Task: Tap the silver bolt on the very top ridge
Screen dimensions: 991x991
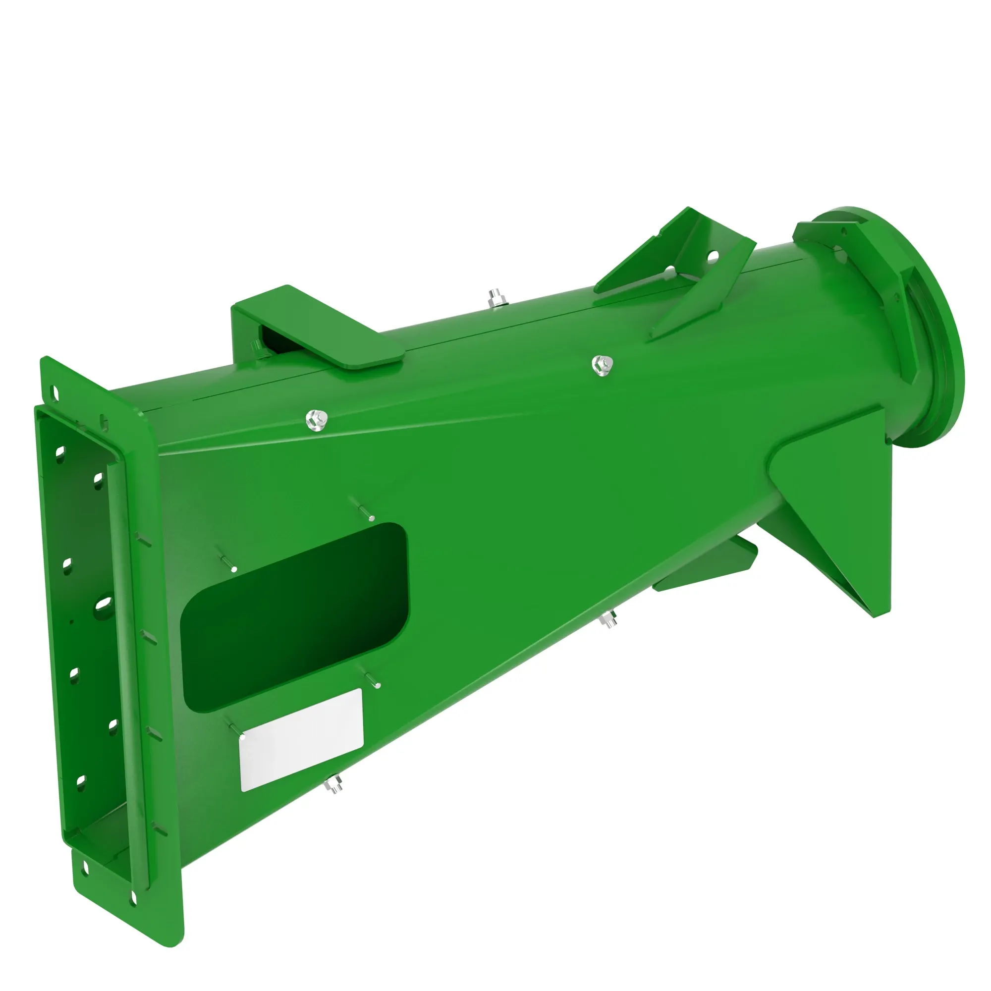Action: point(495,298)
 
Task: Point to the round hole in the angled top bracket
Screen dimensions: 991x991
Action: point(713,254)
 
